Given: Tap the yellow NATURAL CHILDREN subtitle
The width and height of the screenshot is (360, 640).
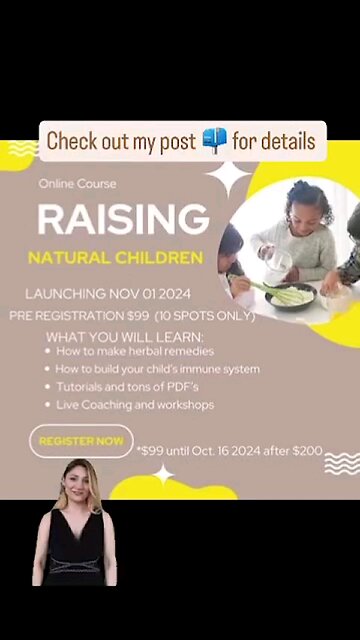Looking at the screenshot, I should pos(115,258).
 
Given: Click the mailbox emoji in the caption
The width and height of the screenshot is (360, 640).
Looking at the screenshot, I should pos(214,141).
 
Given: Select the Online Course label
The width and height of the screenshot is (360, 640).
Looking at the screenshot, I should pos(77,184).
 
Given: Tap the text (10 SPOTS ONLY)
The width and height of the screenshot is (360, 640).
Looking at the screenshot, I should pos(204,315).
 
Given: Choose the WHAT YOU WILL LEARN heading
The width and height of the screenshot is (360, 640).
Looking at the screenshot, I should pos(125,336).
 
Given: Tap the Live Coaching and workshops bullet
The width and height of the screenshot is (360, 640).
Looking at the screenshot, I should pos(134,404).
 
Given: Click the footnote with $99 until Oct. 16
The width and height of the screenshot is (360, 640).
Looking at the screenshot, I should pos(230,451).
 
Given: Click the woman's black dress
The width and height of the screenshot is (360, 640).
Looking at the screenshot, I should pos(77,550).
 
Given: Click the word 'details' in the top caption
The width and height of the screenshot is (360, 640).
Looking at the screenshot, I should pos(287,141).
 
